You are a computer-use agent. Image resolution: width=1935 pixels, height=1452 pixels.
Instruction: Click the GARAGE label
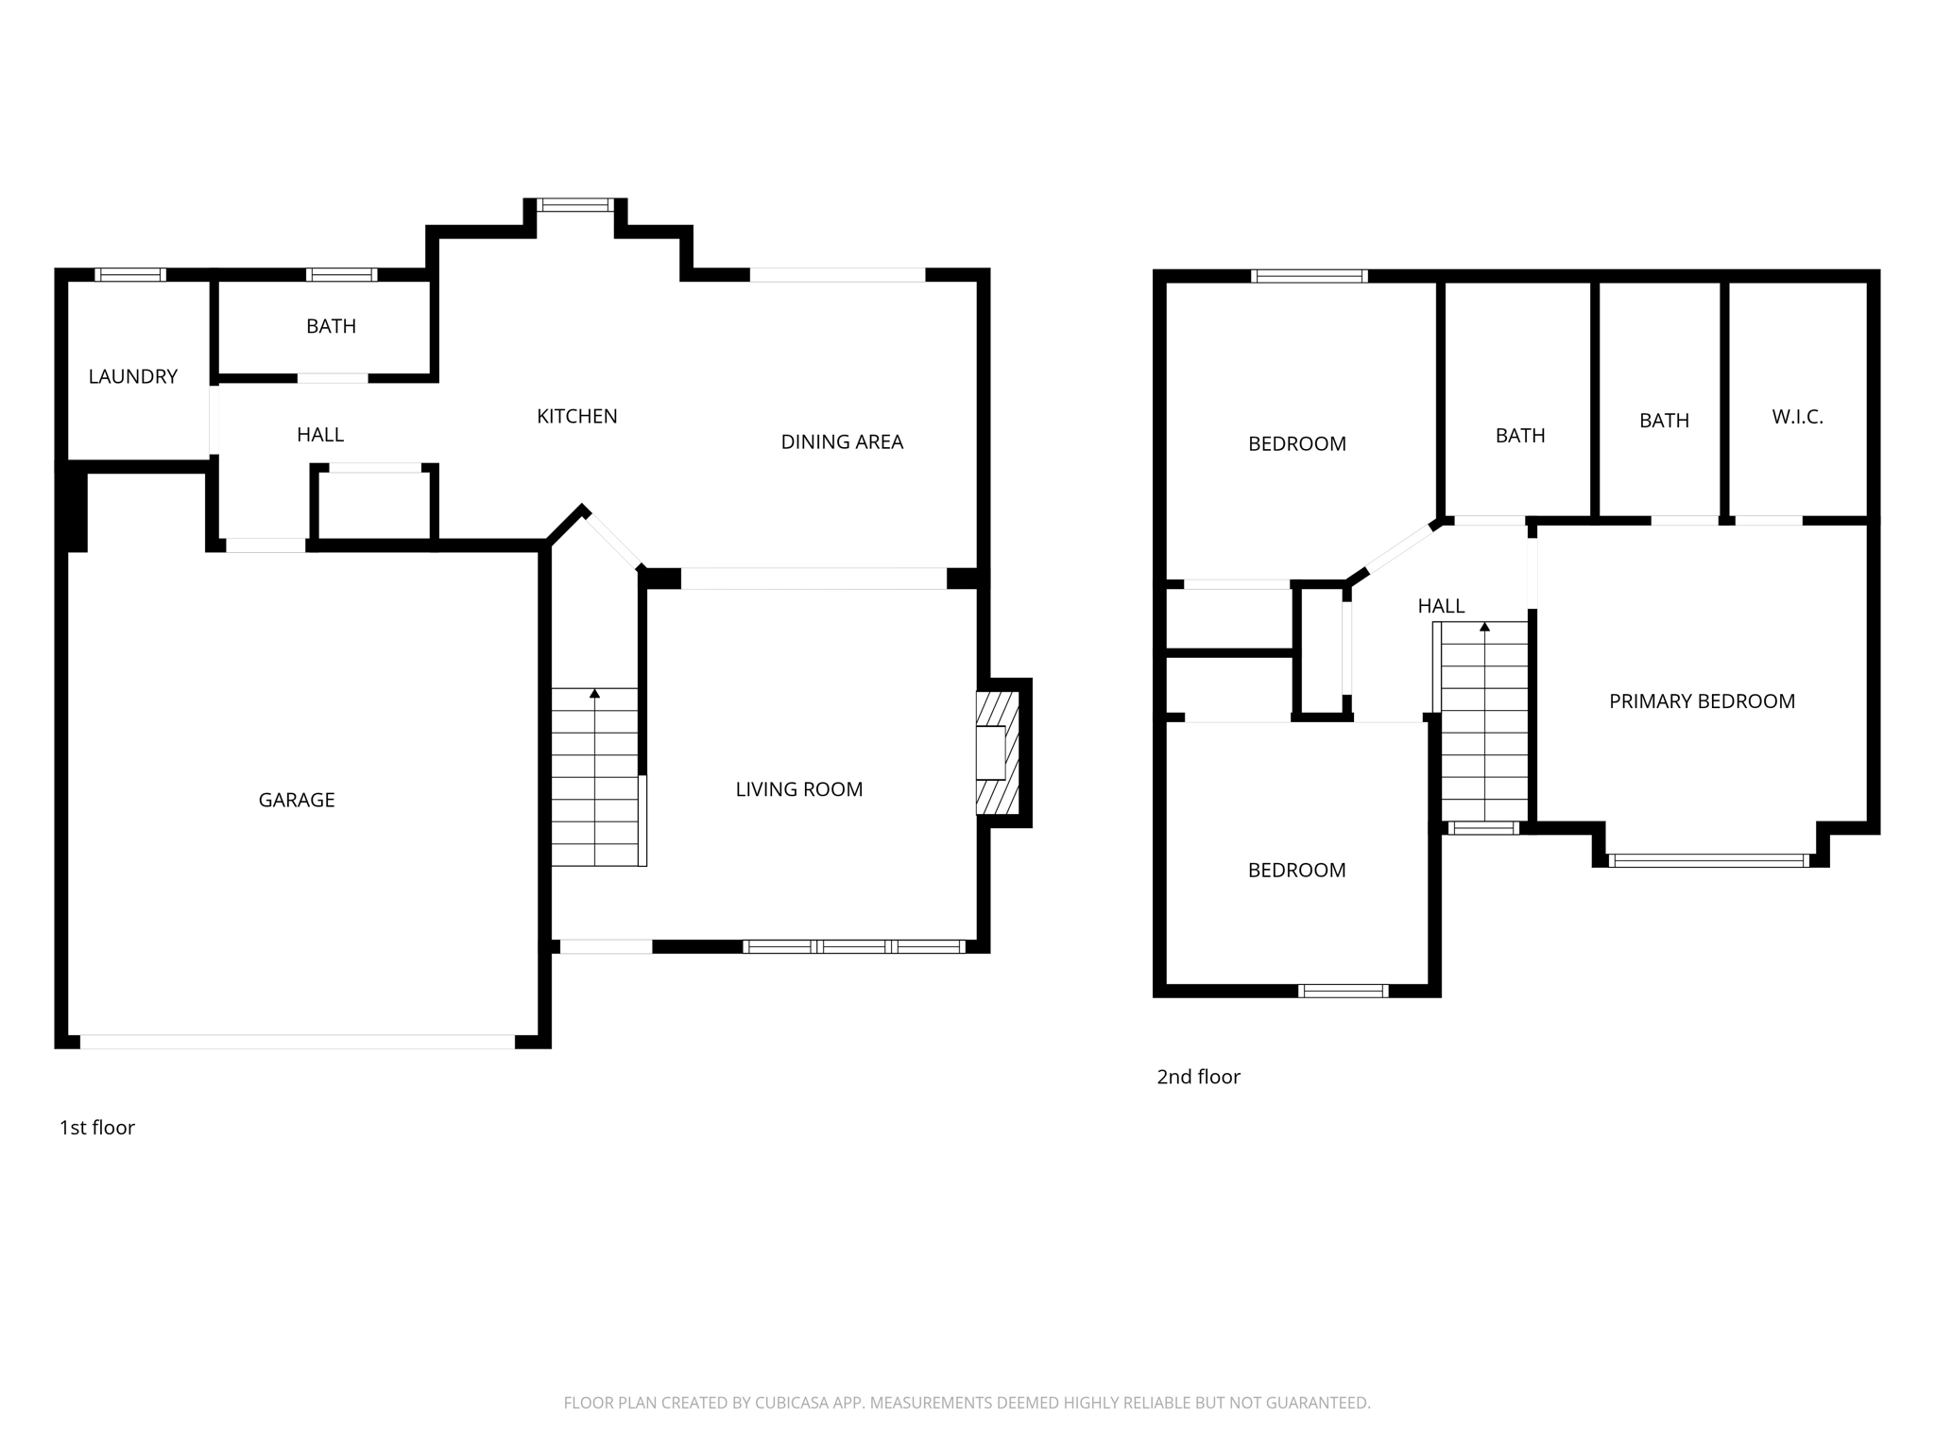(x=297, y=800)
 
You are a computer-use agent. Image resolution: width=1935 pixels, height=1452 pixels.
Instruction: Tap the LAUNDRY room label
(x=132, y=376)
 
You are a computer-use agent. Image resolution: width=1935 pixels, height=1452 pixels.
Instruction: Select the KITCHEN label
(x=576, y=416)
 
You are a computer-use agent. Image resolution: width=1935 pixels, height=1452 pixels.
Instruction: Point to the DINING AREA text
(x=842, y=441)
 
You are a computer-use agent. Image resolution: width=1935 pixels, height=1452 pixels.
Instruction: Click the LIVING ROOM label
(x=798, y=789)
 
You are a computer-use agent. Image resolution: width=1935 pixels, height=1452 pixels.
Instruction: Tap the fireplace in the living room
(x=997, y=752)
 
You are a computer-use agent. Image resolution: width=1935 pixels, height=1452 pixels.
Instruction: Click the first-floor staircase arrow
(x=594, y=695)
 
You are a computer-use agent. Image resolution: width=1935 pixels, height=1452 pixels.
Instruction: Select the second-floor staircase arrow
(x=1484, y=628)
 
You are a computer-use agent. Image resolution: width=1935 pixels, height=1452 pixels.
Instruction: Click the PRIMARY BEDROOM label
(x=1702, y=701)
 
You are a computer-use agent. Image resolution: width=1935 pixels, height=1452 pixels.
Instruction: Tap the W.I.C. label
(x=1797, y=417)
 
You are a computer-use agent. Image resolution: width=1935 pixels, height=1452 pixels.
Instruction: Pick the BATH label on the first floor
(x=331, y=326)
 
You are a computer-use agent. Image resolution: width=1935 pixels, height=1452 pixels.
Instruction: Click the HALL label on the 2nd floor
(x=1441, y=606)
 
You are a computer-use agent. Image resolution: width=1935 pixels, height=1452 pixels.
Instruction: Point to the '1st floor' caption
(x=97, y=1128)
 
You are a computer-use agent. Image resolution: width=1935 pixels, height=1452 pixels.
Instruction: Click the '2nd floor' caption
(x=1198, y=1077)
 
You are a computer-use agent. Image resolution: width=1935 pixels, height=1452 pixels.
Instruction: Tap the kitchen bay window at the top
(x=575, y=205)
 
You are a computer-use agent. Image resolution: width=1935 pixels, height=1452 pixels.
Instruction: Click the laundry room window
(x=130, y=275)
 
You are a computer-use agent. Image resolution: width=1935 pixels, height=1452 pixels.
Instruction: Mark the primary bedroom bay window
(x=1708, y=860)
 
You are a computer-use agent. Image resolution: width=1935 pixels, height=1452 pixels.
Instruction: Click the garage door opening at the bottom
(x=297, y=1042)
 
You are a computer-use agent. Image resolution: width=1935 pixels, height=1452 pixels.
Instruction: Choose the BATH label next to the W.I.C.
(x=1664, y=421)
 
